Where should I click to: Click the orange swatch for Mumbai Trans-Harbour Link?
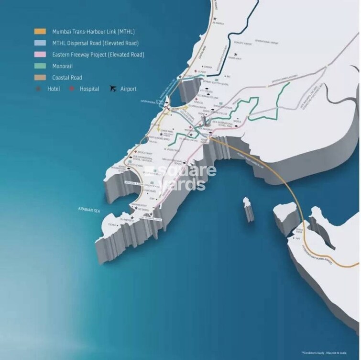pos(40,32)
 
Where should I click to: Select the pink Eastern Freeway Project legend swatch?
pos(40,55)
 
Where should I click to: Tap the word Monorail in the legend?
pos(66,66)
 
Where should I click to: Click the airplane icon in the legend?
pos(113,89)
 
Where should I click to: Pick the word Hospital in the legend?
pos(89,89)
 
